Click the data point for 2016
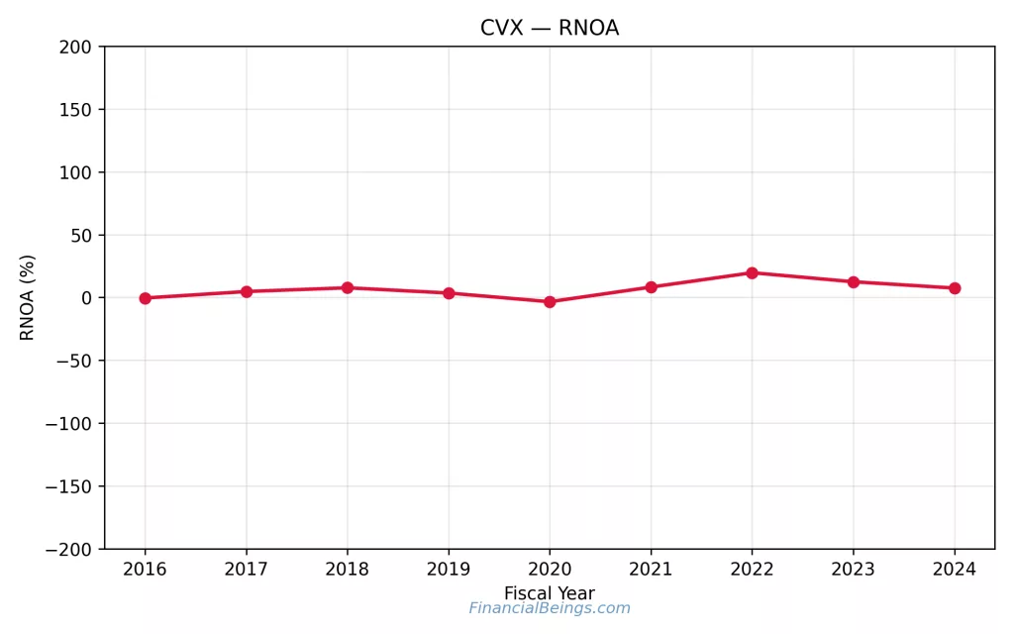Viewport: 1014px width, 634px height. point(145,298)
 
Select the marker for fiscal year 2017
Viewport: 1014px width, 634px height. point(247,291)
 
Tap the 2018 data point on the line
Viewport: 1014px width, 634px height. point(348,287)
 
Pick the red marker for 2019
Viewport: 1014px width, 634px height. point(449,293)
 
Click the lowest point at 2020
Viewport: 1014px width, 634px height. point(550,302)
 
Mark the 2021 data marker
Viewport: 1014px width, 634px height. point(651,287)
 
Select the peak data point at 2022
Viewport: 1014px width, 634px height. point(752,272)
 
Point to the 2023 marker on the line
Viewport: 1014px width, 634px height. point(853,282)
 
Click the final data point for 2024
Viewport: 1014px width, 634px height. point(955,288)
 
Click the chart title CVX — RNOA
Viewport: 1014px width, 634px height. point(550,28)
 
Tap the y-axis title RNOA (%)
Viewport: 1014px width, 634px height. point(28,297)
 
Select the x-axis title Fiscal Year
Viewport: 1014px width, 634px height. point(550,593)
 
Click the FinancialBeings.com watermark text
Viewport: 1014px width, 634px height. point(550,608)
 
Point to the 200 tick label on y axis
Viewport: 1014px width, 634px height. point(75,47)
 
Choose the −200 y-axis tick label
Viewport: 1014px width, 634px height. point(68,550)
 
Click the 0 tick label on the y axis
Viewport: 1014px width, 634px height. point(87,298)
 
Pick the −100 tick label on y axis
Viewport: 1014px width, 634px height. point(68,424)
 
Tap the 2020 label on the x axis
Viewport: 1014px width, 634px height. point(550,570)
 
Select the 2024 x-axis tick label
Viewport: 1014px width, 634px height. point(955,570)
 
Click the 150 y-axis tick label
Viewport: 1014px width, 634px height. point(75,110)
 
